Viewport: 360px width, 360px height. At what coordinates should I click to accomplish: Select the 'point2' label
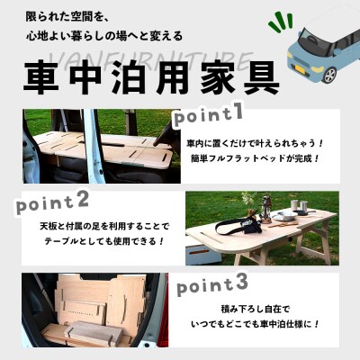pos(52,200)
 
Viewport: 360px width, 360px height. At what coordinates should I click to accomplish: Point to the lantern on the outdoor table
pos(266,208)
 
